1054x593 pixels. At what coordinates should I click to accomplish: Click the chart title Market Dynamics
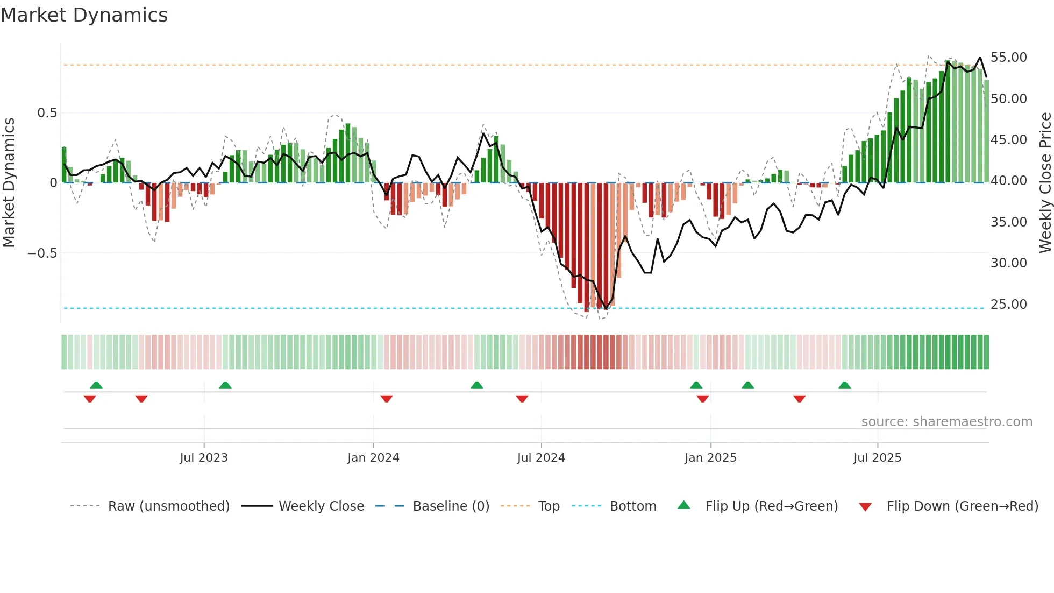pyautogui.click(x=84, y=15)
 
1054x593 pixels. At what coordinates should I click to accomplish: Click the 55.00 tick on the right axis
pyautogui.click(x=1008, y=58)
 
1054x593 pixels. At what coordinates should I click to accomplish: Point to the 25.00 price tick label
pyautogui.click(x=1008, y=305)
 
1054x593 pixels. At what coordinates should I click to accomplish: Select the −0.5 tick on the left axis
pyautogui.click(x=42, y=253)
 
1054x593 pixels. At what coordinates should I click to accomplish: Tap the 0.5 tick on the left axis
pyautogui.click(x=47, y=113)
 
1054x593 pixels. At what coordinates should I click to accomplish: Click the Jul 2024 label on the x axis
pyautogui.click(x=541, y=458)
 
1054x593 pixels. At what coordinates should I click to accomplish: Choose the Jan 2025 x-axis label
pyautogui.click(x=710, y=458)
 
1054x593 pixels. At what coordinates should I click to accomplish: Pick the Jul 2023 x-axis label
pyautogui.click(x=204, y=458)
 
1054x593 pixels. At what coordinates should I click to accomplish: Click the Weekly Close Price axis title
pyautogui.click(x=1045, y=182)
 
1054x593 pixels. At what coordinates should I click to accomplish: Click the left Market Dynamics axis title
pyautogui.click(x=9, y=182)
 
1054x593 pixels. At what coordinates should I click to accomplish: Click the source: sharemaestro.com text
pyautogui.click(x=946, y=422)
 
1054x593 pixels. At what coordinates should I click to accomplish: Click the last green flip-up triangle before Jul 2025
pyautogui.click(x=844, y=385)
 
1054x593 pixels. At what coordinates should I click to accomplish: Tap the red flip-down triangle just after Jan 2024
pyautogui.click(x=387, y=399)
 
